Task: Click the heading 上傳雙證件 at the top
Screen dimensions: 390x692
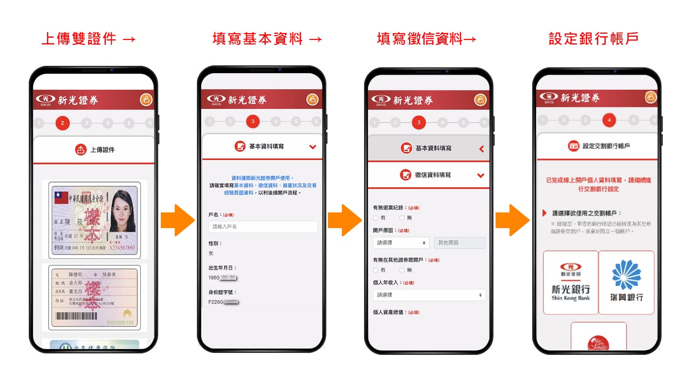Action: point(88,39)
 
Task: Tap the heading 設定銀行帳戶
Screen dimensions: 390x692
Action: point(593,39)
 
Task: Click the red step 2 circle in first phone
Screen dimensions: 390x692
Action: point(62,123)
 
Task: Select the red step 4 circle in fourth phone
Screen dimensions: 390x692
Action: point(609,120)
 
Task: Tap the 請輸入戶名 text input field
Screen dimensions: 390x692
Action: point(263,227)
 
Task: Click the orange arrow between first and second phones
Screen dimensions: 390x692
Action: point(177,220)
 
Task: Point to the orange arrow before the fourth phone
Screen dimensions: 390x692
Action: point(512,220)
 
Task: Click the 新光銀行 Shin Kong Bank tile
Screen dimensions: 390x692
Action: point(571,282)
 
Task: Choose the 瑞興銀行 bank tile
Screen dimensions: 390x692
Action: point(626,282)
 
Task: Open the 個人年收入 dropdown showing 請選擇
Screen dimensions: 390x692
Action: point(429,295)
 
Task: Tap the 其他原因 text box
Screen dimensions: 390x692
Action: point(460,242)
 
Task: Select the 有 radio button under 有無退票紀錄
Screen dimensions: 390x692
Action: point(376,218)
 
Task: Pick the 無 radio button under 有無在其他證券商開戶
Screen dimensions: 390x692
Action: point(402,270)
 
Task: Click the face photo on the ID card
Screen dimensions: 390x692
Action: point(122,211)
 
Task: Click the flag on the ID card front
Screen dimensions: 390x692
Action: point(60,197)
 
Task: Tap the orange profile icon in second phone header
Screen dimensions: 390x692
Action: point(312,99)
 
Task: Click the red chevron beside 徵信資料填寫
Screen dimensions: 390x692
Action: point(481,175)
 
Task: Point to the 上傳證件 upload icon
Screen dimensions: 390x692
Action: point(80,150)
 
